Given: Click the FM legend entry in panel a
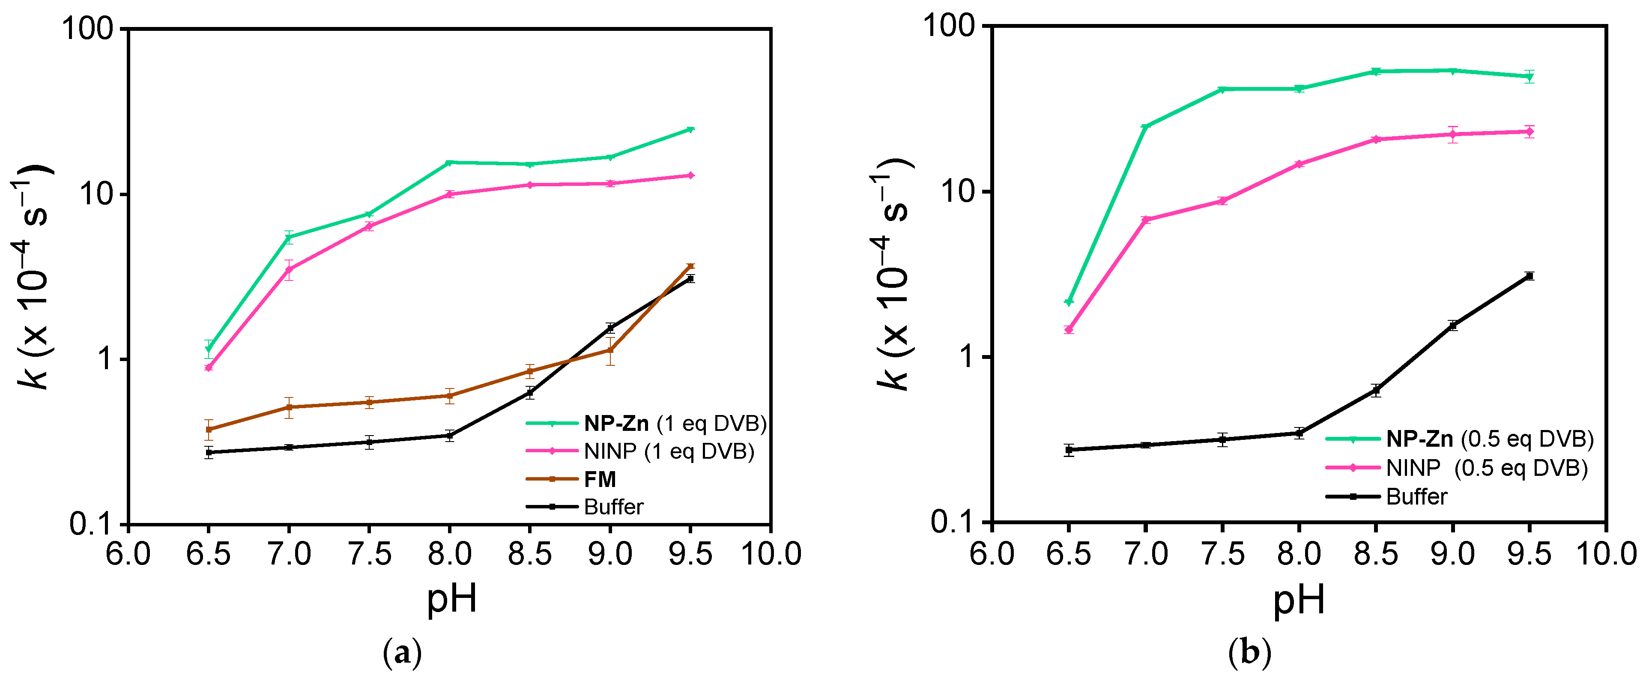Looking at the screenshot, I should pyautogui.click(x=599, y=479).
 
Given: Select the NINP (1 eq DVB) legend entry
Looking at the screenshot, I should pyautogui.click(x=668, y=452).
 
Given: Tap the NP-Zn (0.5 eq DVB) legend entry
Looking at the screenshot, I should pyautogui.click(x=1489, y=439).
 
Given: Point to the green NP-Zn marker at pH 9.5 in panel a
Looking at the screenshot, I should pyautogui.click(x=690, y=130).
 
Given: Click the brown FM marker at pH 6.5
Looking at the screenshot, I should pyautogui.click(x=209, y=430).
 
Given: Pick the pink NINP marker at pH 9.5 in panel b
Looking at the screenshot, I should pyautogui.click(x=1529, y=131).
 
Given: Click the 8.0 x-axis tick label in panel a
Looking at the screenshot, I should pyautogui.click(x=450, y=553).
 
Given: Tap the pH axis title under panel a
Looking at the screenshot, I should pyautogui.click(x=452, y=599).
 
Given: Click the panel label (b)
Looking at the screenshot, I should pyautogui.click(x=1250, y=653).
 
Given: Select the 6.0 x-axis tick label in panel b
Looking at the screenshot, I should pyautogui.click(x=992, y=553).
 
